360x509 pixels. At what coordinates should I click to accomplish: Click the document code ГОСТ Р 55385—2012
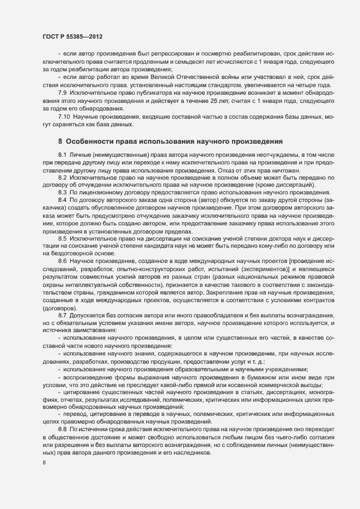pyautogui.click(x=72, y=36)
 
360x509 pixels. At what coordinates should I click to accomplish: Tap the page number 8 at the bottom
pyautogui.click(x=44, y=463)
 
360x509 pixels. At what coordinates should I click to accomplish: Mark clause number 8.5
pyautogui.click(x=62, y=239)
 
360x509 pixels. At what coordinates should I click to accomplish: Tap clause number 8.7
pyautogui.click(x=62, y=316)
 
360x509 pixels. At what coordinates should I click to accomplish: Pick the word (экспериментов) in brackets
pyautogui.click(x=269, y=269)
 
